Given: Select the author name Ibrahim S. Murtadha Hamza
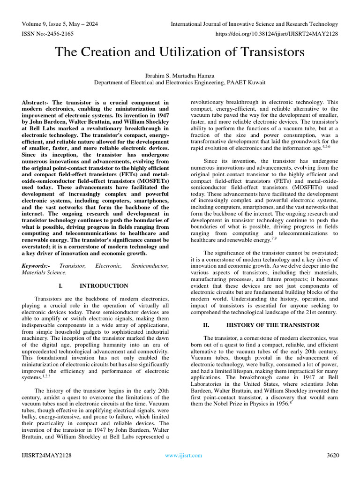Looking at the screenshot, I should pos(180,75).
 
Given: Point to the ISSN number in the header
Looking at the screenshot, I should pos(46,34).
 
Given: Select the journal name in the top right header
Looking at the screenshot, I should pos(254,24).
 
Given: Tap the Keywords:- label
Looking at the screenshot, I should pos(37,266).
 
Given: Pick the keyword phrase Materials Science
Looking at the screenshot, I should pos(44,272).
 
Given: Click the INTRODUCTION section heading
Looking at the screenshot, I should pos(104,285).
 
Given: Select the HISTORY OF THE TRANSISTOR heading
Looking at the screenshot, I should pos(273,325).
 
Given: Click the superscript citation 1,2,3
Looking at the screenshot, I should pos(46,375).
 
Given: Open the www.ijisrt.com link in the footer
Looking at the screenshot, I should pos(184,455).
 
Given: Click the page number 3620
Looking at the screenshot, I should pos(332,455).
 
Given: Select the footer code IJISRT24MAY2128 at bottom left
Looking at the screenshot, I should pos(46,455).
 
